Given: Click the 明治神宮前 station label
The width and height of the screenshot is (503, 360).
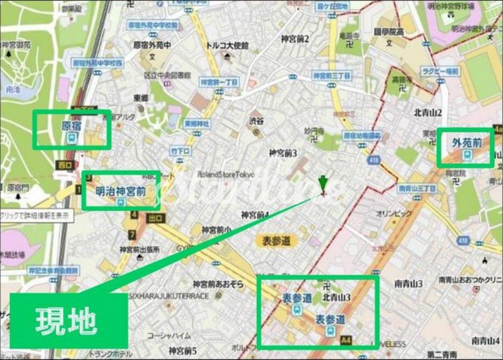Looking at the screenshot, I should (x=121, y=191).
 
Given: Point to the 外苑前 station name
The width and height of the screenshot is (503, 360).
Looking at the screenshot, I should (x=466, y=141).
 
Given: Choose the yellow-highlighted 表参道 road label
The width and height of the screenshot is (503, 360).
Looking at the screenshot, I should (x=276, y=241).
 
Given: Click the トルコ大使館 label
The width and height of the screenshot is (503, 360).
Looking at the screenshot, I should (x=227, y=45).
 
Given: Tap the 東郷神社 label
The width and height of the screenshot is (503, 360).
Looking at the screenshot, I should (x=196, y=124).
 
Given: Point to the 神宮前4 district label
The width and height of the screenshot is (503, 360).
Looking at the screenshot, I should (x=255, y=214).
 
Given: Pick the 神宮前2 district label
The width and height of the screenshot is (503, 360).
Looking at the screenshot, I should (x=295, y=39).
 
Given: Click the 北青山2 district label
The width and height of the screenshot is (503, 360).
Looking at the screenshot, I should (x=428, y=112).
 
